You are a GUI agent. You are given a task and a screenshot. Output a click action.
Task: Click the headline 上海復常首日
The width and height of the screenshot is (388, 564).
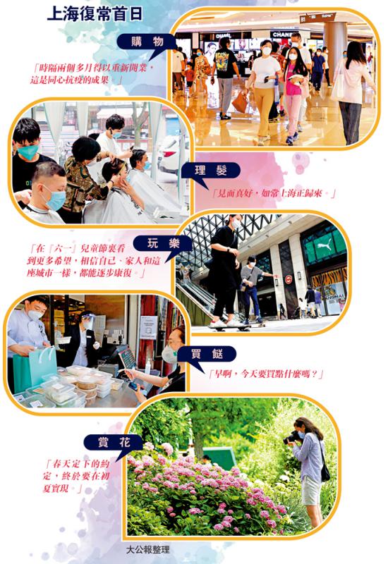pyautogui.click(x=95, y=13)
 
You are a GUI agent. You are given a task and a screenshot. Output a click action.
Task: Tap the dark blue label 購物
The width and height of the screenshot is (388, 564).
pyautogui.click(x=147, y=42)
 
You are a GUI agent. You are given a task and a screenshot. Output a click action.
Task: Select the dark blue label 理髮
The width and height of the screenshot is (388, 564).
pyautogui.click(x=210, y=171)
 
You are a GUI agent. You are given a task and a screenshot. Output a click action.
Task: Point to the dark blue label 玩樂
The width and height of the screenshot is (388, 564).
pyautogui.click(x=163, y=244)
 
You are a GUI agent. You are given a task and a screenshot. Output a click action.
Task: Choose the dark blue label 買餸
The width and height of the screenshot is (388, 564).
pyautogui.click(x=207, y=355)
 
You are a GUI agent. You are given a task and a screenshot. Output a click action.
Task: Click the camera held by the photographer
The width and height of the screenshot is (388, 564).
pyautogui.click(x=291, y=438)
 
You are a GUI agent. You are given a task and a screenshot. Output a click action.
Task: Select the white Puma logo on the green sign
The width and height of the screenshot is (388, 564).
pyautogui.click(x=324, y=243)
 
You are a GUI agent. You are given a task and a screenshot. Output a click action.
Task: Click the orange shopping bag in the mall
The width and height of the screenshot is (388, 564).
pyautogui.click(x=240, y=102)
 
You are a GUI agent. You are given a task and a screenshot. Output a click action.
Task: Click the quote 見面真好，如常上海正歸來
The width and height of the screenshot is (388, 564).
pyautogui.click(x=274, y=193)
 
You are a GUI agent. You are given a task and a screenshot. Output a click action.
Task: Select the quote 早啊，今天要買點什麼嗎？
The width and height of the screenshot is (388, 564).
pyautogui.click(x=266, y=374)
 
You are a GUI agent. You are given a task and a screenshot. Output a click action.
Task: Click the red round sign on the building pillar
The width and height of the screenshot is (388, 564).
pyautogui.click(x=289, y=279)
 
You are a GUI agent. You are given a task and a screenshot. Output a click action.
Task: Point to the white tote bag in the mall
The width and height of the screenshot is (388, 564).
pyautogui.click(x=338, y=85)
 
